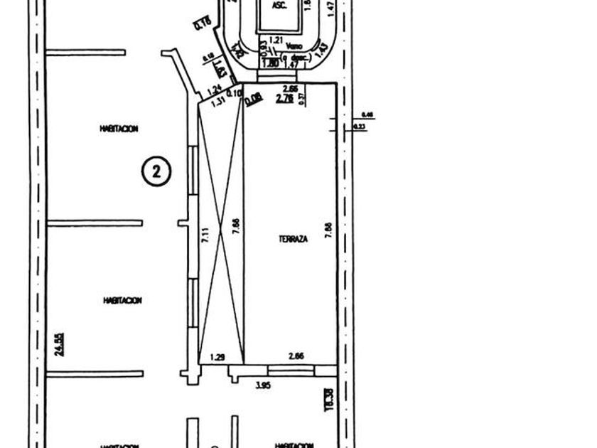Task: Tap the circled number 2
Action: pyautogui.click(x=157, y=171)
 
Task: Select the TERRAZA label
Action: pyautogui.click(x=293, y=240)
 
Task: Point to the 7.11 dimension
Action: pyautogui.click(x=205, y=235)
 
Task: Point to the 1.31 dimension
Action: pyautogui.click(x=218, y=100)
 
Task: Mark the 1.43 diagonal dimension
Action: pyautogui.click(x=321, y=50)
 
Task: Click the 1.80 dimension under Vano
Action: pyautogui.click(x=270, y=64)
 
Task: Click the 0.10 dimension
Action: pyautogui.click(x=234, y=94)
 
